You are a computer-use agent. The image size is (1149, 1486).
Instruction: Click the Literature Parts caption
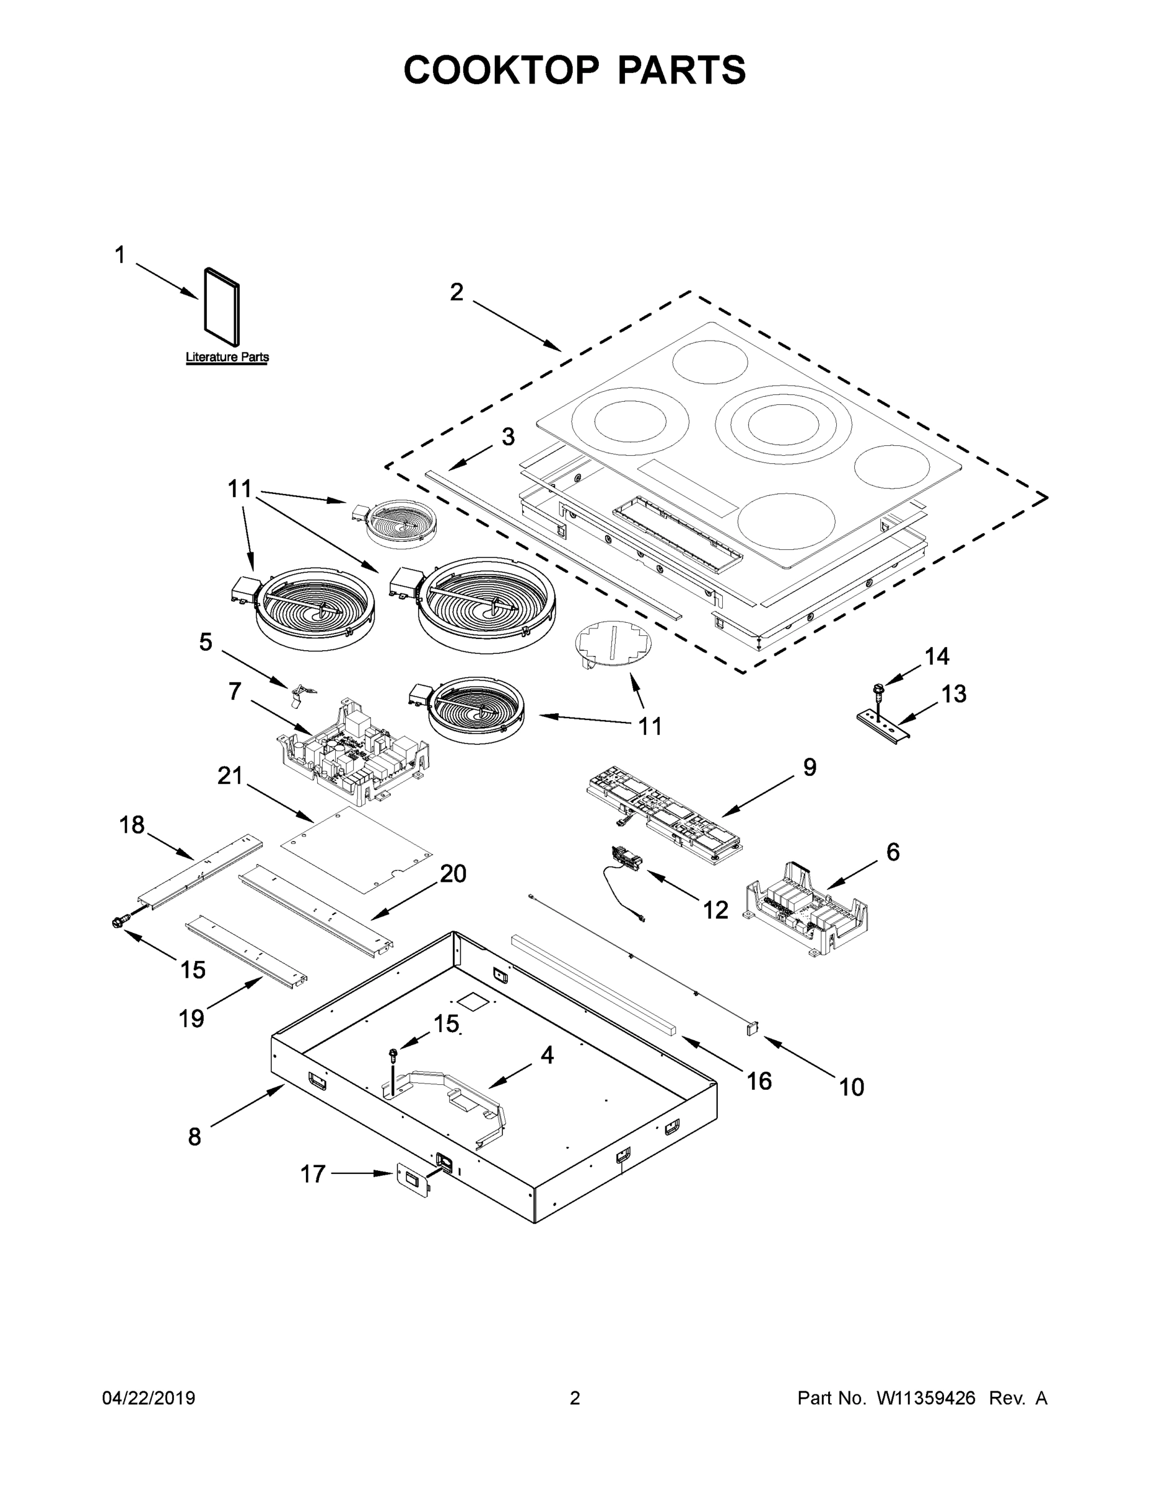[227, 357]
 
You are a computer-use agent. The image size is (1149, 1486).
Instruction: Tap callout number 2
[456, 293]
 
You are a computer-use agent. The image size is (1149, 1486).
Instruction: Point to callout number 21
[229, 776]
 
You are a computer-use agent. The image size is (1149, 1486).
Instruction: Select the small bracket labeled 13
[883, 727]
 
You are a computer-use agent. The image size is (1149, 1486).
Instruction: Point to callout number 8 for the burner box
[194, 1136]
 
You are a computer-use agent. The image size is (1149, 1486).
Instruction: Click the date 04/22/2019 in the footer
[149, 1397]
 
